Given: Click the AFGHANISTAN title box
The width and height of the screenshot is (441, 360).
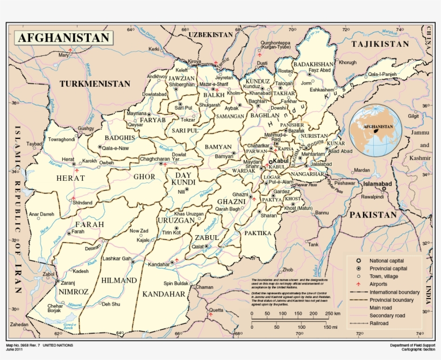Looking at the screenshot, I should click(x=64, y=38).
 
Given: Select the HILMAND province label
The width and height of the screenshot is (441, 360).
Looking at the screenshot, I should click(x=118, y=280).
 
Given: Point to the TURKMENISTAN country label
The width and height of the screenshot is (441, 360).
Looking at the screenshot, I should click(x=95, y=83).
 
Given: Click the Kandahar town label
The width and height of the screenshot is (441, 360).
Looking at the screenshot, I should click(x=158, y=264).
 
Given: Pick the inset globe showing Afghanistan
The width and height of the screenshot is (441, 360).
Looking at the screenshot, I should click(x=375, y=130).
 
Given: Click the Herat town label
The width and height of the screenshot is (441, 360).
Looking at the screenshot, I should click(x=68, y=160).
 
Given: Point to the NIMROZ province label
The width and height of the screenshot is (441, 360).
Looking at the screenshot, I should click(x=74, y=291).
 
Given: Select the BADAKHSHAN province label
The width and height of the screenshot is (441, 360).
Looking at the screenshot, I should click(x=314, y=64).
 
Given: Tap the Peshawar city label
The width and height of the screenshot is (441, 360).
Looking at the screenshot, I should click(x=345, y=183).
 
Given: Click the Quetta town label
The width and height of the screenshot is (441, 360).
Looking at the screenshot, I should click(x=216, y=310).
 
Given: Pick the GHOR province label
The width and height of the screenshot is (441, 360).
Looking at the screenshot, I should click(x=144, y=177).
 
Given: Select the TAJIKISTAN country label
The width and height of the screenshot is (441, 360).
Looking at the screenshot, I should click(x=380, y=44).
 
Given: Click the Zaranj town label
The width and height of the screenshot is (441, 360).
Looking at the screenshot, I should click(x=68, y=282).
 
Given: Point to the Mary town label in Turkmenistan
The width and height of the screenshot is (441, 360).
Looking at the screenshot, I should click(x=64, y=55).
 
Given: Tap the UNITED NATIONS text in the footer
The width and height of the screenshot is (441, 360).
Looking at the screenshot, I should click(x=58, y=345).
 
